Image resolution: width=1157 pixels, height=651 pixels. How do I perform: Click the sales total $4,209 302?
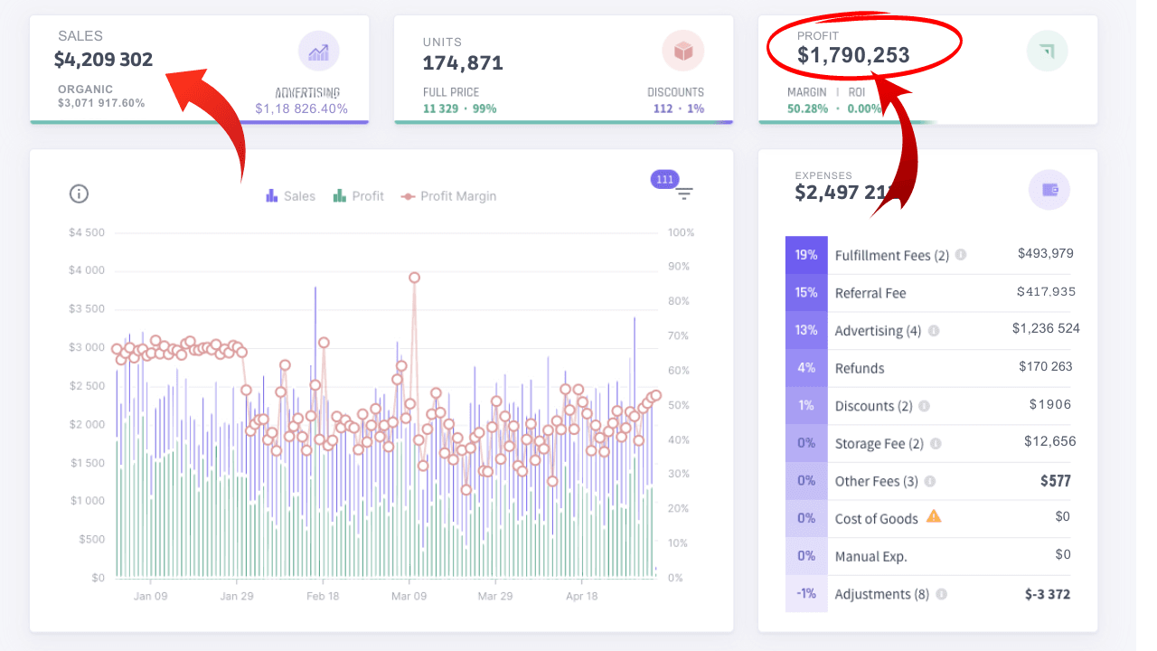[x=103, y=61]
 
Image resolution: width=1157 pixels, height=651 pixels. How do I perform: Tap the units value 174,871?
[x=463, y=63]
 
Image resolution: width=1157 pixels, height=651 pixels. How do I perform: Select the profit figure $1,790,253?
[x=853, y=56]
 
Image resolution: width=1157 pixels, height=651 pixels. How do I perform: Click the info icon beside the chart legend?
[x=79, y=193]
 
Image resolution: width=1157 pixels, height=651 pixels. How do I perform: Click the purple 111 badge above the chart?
[x=665, y=179]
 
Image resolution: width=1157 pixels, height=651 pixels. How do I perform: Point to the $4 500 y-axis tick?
[x=87, y=232]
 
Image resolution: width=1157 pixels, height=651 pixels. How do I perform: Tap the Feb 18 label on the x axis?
[x=323, y=596]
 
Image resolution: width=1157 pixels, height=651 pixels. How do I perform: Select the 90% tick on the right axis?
[x=681, y=267]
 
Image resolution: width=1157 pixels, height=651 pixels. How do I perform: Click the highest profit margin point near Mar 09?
[x=414, y=278]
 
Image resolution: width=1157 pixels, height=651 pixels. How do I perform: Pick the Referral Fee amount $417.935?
[x=1046, y=292]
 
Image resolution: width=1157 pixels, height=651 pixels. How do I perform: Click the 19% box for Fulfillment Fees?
[x=806, y=255]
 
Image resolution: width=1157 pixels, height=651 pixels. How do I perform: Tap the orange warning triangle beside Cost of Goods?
[x=934, y=516]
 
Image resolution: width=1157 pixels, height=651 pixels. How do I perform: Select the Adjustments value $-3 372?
[x=1048, y=594]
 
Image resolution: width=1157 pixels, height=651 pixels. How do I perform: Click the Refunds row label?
[x=860, y=368]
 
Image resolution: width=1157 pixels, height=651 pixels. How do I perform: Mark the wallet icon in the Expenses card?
[x=1049, y=190]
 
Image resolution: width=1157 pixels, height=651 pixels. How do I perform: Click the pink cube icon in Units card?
[x=682, y=52]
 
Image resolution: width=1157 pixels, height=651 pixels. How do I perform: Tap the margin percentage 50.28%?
[x=807, y=108]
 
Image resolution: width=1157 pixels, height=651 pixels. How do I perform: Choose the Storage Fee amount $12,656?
[x=1049, y=441]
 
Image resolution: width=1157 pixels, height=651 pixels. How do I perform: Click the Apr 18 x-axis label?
[x=581, y=596]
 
